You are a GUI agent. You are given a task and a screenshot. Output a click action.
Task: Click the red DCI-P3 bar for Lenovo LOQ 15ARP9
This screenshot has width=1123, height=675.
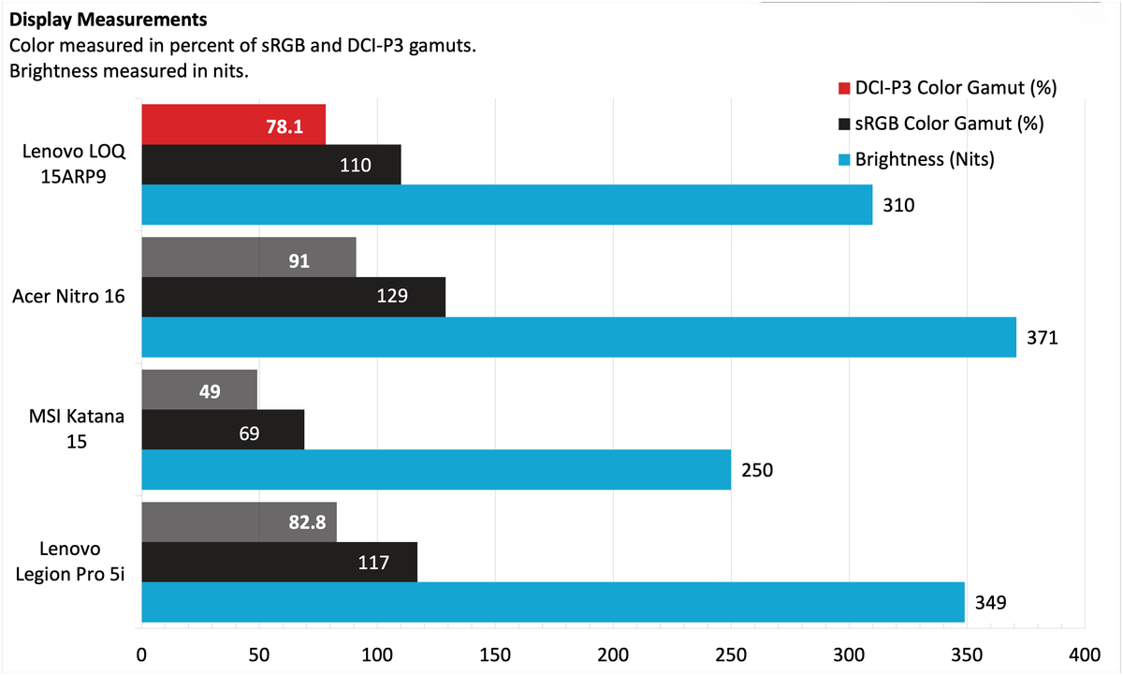(x=233, y=125)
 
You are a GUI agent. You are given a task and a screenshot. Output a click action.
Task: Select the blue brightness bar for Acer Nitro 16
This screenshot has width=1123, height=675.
(x=578, y=337)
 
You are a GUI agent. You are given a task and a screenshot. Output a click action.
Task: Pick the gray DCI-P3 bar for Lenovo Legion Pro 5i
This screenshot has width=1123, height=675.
(x=239, y=522)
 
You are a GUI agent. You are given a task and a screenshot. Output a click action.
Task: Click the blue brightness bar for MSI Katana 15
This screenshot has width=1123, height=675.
(x=435, y=469)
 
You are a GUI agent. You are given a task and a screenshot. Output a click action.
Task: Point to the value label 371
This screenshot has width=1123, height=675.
(x=1041, y=338)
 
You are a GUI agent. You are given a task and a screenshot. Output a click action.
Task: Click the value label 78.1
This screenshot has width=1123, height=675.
(x=284, y=126)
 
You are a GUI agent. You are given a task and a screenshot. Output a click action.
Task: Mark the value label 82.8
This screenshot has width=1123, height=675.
(x=306, y=523)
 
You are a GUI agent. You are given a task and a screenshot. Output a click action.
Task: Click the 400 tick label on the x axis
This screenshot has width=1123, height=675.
(x=1084, y=654)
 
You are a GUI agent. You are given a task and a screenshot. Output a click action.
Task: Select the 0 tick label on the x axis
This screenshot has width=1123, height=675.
(x=142, y=654)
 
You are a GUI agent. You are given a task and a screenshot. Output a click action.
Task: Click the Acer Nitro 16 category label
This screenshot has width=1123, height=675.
(x=70, y=298)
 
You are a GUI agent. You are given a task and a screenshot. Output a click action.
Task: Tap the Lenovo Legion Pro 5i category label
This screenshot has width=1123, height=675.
(x=70, y=562)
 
